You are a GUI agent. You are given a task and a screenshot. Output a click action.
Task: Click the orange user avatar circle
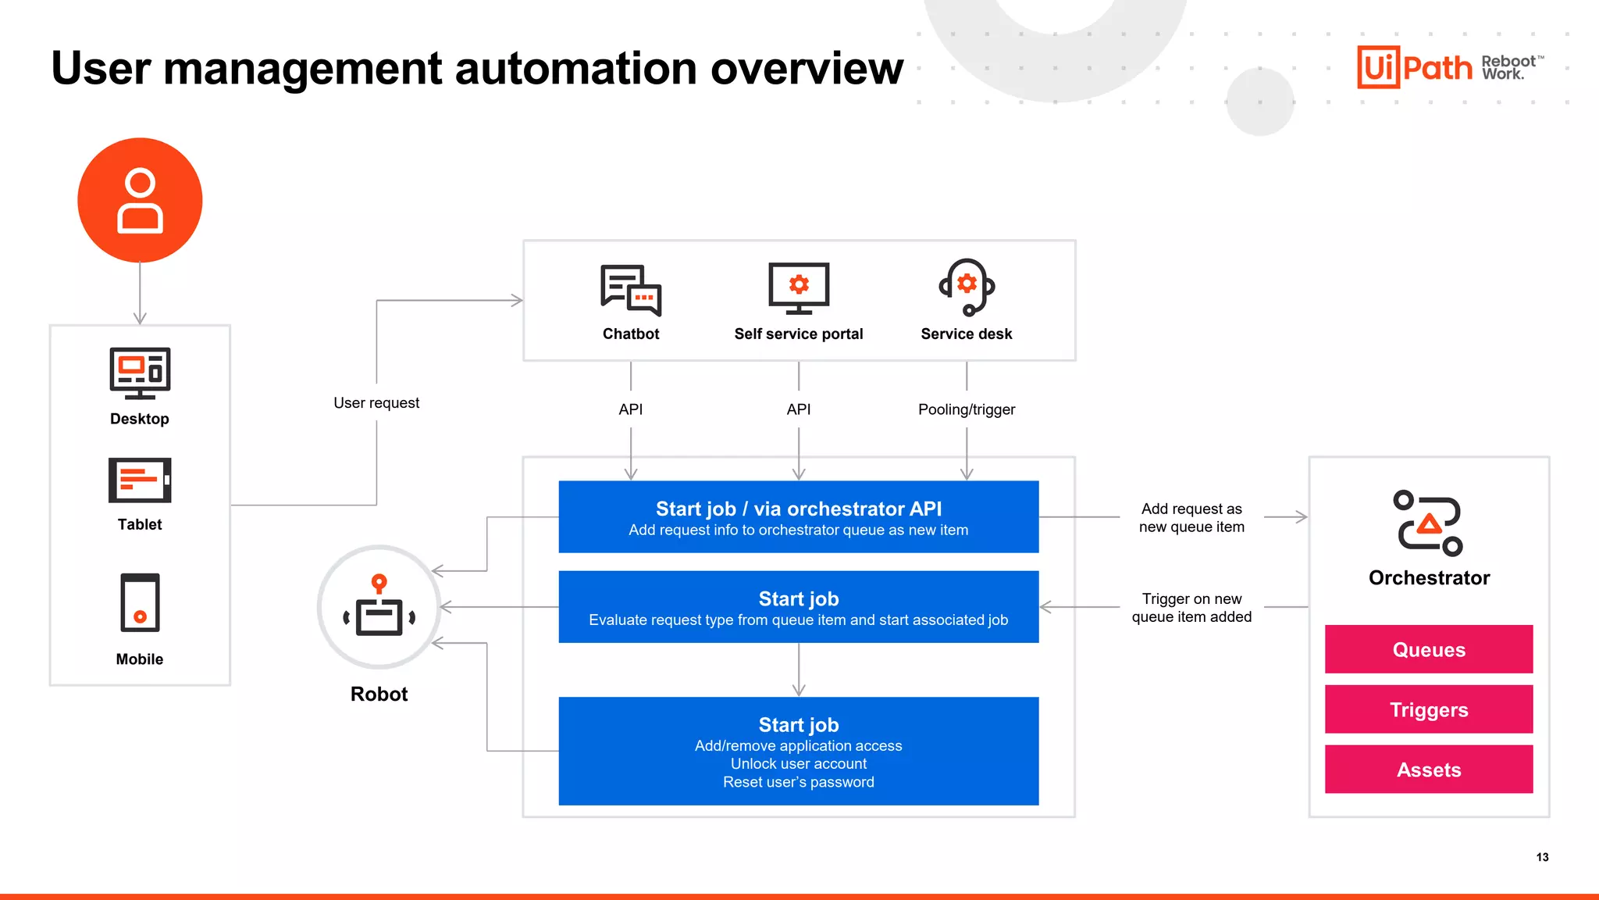point(140,200)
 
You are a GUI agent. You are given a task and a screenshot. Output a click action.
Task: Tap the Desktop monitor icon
point(140,373)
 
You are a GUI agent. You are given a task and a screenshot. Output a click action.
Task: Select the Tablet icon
point(140,480)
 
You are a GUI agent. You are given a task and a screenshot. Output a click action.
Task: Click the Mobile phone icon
point(140,602)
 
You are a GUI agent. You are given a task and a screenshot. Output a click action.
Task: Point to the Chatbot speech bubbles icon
point(631,290)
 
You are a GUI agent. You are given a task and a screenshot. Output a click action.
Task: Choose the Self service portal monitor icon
point(799,287)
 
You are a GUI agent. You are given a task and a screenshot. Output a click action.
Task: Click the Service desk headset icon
point(967,287)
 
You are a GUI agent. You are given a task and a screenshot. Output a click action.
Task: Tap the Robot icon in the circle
point(379,607)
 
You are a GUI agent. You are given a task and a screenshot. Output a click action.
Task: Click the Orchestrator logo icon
point(1428,523)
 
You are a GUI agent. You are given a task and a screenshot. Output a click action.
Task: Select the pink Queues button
point(1428,649)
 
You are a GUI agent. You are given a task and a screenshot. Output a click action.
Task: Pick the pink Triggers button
point(1428,709)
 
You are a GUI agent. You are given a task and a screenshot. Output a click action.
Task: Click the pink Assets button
point(1428,770)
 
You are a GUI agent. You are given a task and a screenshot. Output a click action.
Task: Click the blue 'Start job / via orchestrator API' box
point(798,517)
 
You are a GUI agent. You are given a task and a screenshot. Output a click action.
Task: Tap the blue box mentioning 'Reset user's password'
point(798,751)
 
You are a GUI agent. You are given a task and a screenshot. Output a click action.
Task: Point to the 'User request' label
point(376,403)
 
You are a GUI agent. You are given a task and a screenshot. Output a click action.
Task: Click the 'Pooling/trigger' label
point(967,409)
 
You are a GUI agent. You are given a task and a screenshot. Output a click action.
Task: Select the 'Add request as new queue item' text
point(1191,518)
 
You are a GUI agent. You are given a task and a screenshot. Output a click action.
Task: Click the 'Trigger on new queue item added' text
point(1191,608)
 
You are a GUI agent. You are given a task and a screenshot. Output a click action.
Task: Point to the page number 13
point(1542,857)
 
